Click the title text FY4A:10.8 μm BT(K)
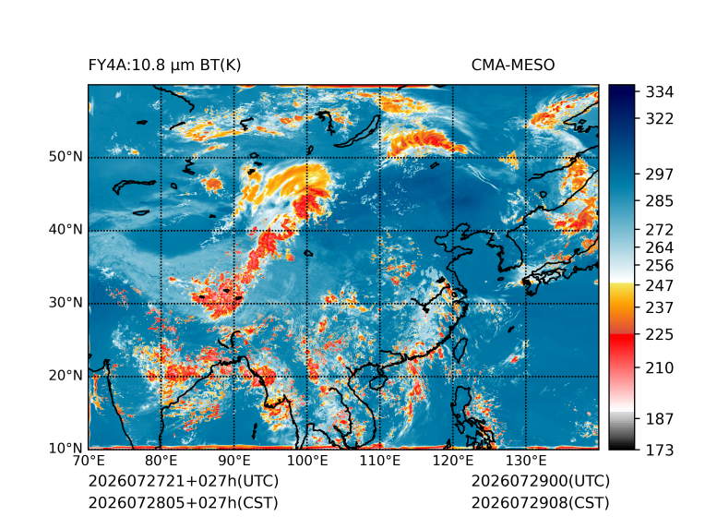point(164,66)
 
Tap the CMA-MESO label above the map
point(513,66)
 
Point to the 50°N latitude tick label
point(66,157)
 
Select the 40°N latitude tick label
point(66,230)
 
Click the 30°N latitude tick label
point(66,303)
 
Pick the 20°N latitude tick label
point(66,376)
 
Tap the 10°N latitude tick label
point(66,449)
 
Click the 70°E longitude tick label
point(89,461)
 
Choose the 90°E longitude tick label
point(233,461)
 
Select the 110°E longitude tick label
point(380,461)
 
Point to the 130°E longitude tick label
point(526,461)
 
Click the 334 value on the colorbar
point(660,92)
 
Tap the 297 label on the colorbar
point(660,174)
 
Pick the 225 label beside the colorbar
point(660,335)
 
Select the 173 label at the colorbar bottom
point(660,450)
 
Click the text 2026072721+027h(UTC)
point(184,481)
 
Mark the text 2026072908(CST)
point(541,503)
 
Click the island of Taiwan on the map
point(460,350)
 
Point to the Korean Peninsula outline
point(515,249)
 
